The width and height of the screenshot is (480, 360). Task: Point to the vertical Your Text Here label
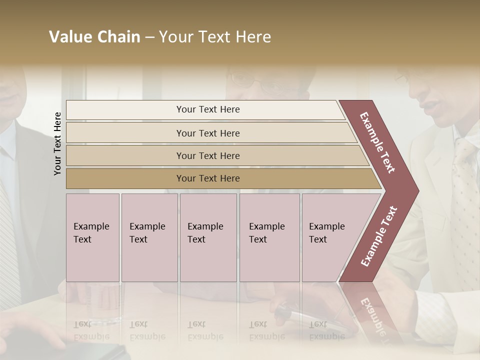(57, 143)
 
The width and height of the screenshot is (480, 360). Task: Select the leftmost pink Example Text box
(92, 237)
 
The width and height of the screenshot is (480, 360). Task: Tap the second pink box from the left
(149, 237)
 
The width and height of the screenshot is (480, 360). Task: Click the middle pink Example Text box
(208, 237)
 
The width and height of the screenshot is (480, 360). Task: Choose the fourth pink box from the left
(269, 237)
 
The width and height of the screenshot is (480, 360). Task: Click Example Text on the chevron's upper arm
(377, 142)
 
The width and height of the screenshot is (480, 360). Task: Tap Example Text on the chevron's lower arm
(379, 236)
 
